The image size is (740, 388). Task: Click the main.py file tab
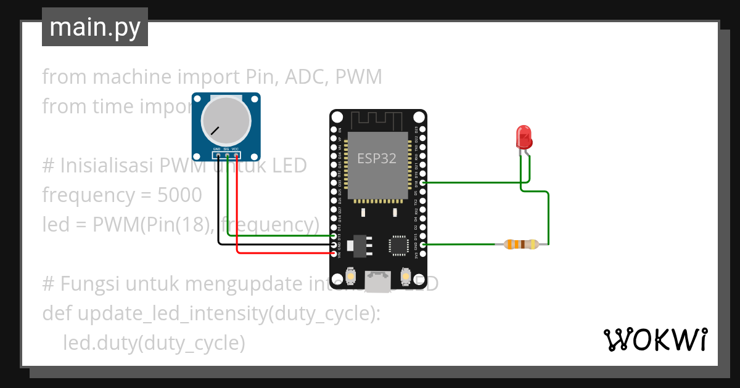click(x=94, y=27)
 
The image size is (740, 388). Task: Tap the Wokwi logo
click(x=655, y=339)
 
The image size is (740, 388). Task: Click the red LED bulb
click(x=524, y=136)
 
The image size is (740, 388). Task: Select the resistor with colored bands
click(x=522, y=245)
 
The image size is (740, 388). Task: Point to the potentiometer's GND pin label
click(x=216, y=149)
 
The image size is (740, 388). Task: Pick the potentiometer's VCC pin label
click(x=236, y=149)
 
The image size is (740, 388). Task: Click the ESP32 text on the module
click(x=376, y=158)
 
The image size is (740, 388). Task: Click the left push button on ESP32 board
click(x=350, y=277)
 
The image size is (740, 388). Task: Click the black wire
click(x=218, y=216)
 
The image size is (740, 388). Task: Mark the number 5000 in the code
click(x=179, y=195)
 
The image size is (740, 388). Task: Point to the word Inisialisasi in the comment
click(x=107, y=166)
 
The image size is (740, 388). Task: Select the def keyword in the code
click(x=57, y=313)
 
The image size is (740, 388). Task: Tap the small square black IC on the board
click(x=398, y=245)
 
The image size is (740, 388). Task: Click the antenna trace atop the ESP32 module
click(x=377, y=119)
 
